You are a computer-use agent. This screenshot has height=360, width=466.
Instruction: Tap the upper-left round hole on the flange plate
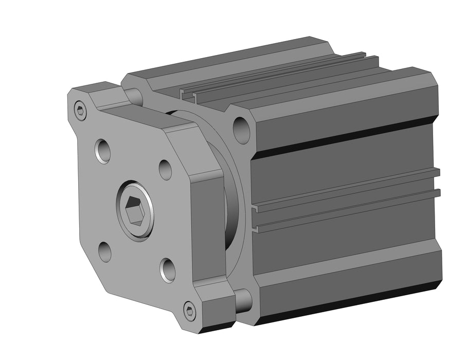coord(103,150)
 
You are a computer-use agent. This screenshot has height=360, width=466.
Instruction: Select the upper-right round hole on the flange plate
coord(165,170)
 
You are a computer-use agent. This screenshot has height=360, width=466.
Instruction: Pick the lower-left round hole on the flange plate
coord(105,251)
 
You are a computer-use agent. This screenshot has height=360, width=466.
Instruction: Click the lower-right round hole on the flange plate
coord(168,269)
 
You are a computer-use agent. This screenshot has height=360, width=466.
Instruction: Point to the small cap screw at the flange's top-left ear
coord(80,110)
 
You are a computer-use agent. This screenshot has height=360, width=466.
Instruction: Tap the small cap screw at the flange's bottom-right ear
coord(190,311)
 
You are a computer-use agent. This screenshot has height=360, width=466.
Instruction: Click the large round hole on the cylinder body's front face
coord(241,130)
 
